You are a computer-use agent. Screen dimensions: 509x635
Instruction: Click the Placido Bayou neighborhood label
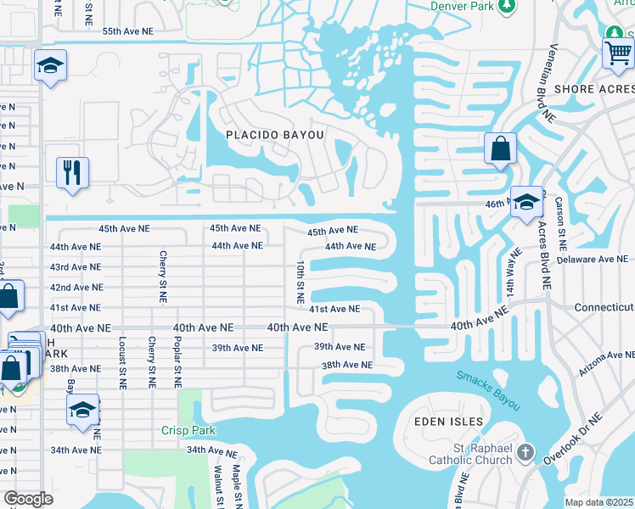275,135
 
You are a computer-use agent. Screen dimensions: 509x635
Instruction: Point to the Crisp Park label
186,430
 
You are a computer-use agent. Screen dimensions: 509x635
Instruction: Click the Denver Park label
461,6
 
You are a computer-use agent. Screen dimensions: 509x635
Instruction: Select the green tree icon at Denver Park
507,6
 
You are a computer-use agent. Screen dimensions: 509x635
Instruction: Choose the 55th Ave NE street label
129,31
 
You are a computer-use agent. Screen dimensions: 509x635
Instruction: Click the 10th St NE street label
300,282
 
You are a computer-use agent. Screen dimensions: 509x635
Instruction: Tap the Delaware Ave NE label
594,259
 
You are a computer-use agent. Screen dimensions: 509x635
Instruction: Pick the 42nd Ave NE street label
76,288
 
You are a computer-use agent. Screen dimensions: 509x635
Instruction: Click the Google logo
28,499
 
